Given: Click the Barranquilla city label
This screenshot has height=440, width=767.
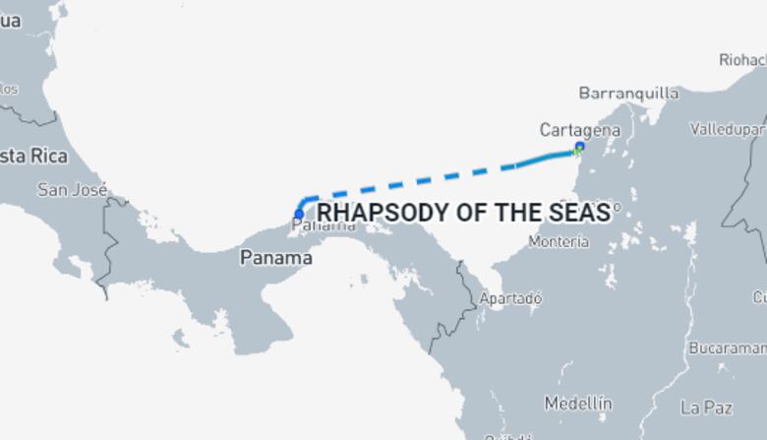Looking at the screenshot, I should [x=628, y=94].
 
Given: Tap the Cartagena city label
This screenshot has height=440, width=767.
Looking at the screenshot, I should [x=580, y=130].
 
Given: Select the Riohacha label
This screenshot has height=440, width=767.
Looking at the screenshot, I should [x=741, y=60].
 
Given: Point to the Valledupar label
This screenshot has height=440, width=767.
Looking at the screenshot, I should [x=728, y=129].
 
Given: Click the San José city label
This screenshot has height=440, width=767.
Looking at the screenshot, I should [x=72, y=190].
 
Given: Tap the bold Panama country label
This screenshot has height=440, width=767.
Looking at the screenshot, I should [x=276, y=258].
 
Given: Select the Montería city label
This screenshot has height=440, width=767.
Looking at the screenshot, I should [x=559, y=241].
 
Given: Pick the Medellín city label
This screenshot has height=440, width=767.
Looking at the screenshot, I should [x=578, y=404].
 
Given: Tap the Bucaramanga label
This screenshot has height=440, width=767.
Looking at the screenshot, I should [x=728, y=348].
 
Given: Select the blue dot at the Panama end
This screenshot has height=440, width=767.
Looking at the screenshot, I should [x=299, y=215].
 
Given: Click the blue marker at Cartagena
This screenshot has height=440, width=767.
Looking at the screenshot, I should [x=579, y=148].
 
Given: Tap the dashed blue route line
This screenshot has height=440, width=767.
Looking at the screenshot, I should [x=413, y=183].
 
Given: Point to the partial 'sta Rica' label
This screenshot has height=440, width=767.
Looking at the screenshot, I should [x=33, y=156].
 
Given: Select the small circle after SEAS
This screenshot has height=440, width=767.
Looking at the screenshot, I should [x=617, y=208].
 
